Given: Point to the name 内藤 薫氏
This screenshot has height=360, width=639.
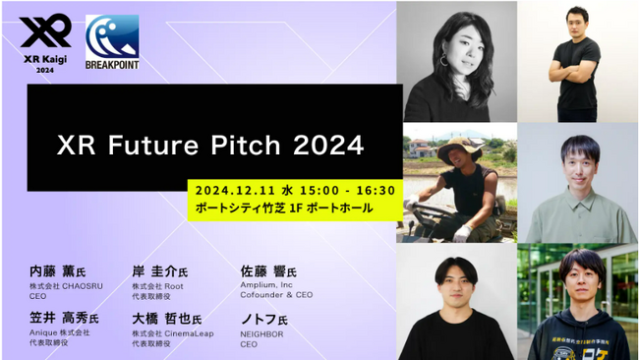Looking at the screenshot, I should click(59, 270).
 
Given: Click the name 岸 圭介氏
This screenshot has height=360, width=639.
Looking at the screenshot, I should click(159, 270).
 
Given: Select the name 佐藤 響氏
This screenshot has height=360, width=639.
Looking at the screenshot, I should click(267, 270).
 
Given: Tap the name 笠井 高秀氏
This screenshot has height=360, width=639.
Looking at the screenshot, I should click(64, 319).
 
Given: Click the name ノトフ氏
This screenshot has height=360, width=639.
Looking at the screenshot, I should click(266, 319).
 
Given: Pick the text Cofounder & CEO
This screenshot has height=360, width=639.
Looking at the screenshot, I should click(276, 294).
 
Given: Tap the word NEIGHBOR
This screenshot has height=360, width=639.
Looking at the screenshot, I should click(261, 333).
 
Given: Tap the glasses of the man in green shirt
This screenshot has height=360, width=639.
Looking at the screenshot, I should click(579, 156).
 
